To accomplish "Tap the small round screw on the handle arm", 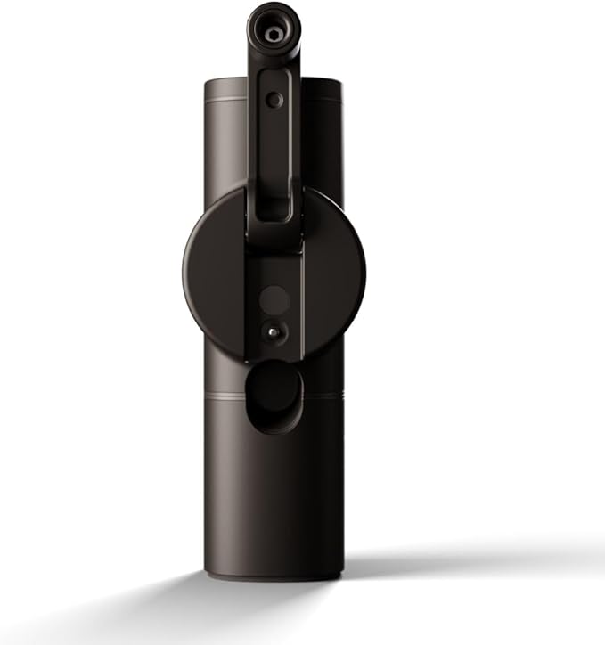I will coord(274,100).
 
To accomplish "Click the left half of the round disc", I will coord(214,267).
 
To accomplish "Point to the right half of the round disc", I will coord(334,267).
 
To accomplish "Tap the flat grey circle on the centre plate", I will coord(274,299).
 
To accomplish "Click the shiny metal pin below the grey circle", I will coord(274,331).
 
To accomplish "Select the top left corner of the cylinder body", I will coord(208,82).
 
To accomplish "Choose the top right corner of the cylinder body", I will coord(339,82).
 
